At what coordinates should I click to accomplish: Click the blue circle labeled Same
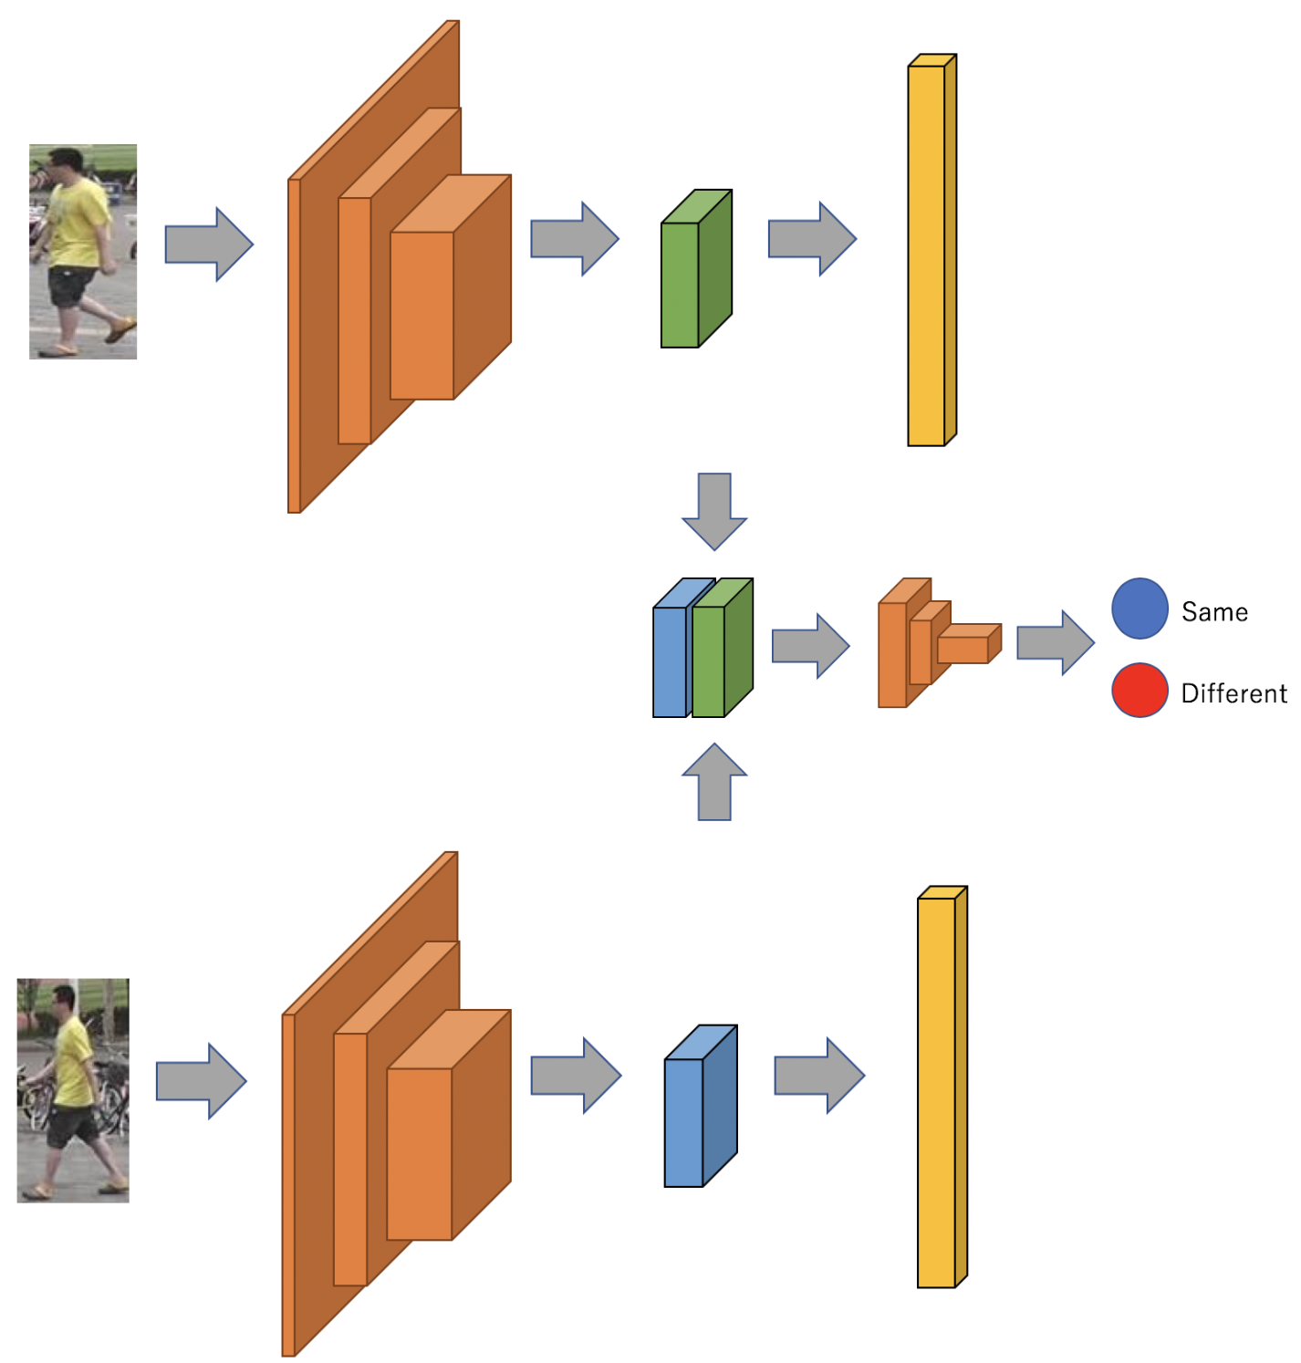point(1140,608)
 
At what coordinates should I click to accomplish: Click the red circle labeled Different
point(1140,690)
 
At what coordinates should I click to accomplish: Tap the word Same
point(1214,612)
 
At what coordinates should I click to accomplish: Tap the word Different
point(1233,693)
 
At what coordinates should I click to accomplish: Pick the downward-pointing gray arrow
point(714,511)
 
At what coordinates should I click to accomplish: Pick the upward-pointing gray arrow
point(714,781)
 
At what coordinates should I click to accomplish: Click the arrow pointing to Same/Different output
point(1055,643)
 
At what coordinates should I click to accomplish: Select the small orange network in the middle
point(931,643)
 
